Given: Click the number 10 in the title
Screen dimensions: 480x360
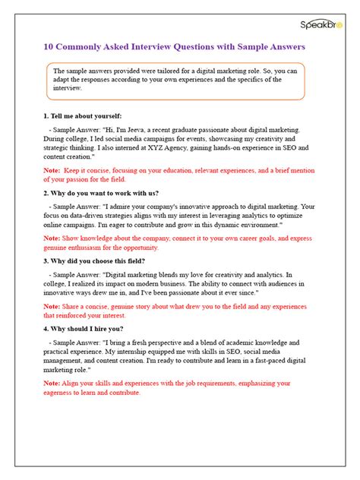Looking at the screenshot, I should click(48, 46).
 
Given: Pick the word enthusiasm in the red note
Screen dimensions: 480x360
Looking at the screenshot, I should click(91, 248).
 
